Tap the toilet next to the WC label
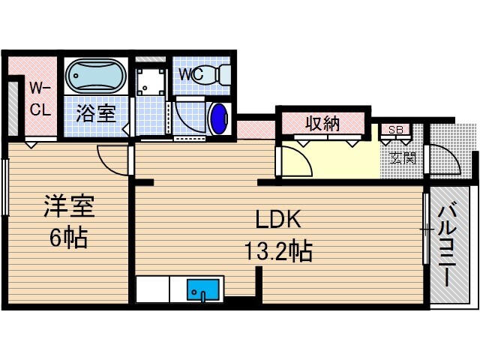pyautogui.click(x=211, y=75)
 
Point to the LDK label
pyautogui.click(x=277, y=220)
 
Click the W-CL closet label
pyautogui.click(x=40, y=99)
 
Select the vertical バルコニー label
pyautogui.click(x=448, y=245)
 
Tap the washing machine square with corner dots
pyautogui.click(x=152, y=82)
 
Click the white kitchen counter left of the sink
pyautogui.click(x=154, y=289)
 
